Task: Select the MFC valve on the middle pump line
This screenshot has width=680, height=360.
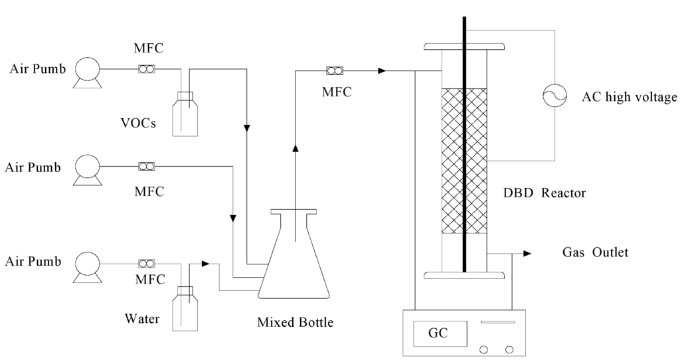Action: tap(146, 166)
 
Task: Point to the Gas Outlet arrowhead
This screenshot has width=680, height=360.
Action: tap(527, 253)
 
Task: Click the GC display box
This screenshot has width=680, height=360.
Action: tap(438, 332)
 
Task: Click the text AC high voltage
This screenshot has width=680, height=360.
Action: tap(629, 98)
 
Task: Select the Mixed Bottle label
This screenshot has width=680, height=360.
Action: tap(295, 323)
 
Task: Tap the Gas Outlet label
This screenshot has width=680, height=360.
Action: tap(595, 252)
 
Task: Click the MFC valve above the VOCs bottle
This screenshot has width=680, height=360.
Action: tap(146, 69)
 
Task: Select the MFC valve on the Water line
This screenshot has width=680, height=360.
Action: tap(146, 263)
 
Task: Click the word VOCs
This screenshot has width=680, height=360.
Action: tap(139, 122)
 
